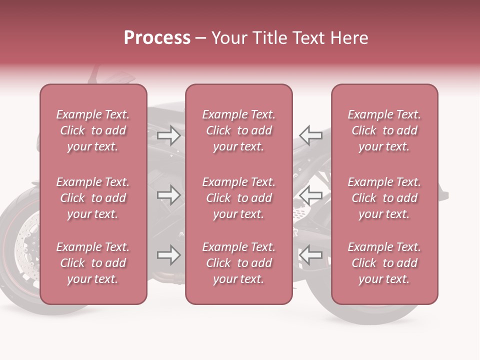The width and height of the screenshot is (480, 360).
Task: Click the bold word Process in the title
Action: tap(157, 38)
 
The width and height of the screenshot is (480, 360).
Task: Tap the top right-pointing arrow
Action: tap(169, 135)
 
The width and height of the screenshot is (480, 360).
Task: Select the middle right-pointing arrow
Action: tap(169, 194)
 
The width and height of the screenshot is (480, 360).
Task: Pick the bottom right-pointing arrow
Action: tap(169, 255)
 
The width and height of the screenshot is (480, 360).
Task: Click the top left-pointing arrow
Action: tap(310, 135)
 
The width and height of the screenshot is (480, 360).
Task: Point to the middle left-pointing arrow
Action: tap(310, 194)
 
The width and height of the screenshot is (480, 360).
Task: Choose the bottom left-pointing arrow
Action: tap(310, 255)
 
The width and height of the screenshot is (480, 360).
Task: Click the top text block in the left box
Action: tap(93, 130)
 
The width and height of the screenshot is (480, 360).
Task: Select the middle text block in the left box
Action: tap(93, 198)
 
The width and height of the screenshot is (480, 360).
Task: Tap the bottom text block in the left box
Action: tap(93, 263)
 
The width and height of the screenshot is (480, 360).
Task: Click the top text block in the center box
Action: tap(238, 130)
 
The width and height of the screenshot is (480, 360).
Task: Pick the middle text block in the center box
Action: tap(238, 198)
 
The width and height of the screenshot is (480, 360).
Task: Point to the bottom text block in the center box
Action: tap(238, 263)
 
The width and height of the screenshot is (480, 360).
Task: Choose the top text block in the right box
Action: tap(384, 130)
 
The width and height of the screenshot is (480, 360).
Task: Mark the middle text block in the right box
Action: tap(384, 198)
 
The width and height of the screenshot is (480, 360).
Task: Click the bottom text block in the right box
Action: tap(384, 263)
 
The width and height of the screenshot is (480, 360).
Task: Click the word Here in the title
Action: tap(349, 38)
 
